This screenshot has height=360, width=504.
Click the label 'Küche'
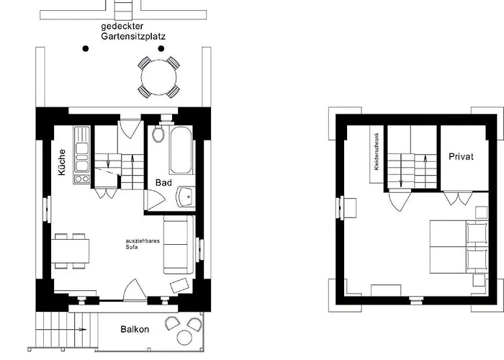point(62,163)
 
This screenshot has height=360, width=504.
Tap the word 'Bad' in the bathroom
point(163,183)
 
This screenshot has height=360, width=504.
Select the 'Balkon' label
point(134,330)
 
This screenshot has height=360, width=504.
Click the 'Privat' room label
point(461,157)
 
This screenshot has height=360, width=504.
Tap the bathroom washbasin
point(186,195)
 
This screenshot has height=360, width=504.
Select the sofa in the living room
point(176,245)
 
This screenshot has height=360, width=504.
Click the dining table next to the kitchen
point(71,250)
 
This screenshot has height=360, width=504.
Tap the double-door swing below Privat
point(457,197)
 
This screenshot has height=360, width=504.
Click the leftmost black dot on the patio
point(86,49)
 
